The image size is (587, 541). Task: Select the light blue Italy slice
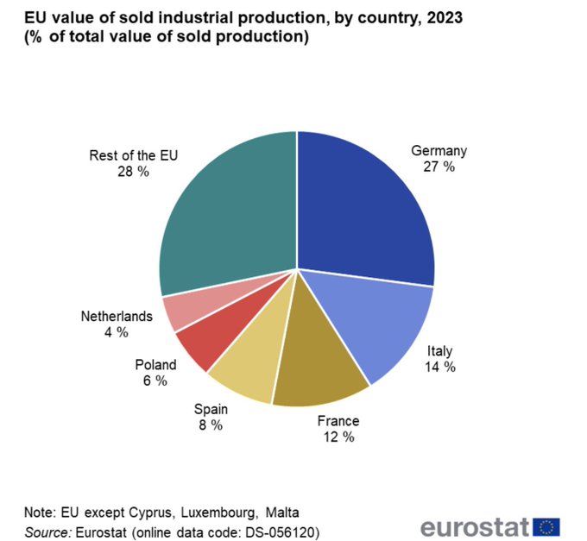pos(376,324)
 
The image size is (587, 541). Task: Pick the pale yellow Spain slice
pos(246,367)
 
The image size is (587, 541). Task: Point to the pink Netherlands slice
pos(180,311)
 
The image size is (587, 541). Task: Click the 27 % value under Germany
pos(439,167)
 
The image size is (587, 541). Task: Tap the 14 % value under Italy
pos(439,367)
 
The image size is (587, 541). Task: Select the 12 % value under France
pos(338,437)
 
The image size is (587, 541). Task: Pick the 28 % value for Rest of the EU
pos(133,172)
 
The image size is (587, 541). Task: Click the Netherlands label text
pos(117,316)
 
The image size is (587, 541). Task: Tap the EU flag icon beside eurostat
pos(546,526)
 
